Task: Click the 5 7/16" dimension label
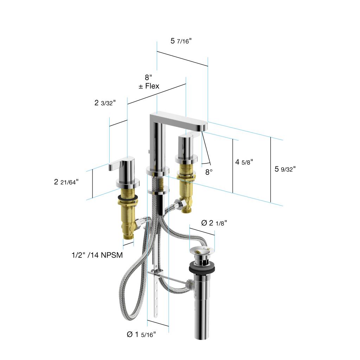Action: pos(181,41)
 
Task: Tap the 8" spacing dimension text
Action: pos(148,77)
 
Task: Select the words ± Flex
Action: pos(149,86)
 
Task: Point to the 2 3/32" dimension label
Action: pos(105,103)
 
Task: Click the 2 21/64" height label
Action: pos(66,182)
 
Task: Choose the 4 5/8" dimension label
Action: pos(244,162)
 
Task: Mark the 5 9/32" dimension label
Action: pos(285,169)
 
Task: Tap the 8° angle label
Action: pos(209,172)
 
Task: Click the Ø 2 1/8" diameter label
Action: pos(214,223)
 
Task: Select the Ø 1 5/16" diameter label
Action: pos(141,334)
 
